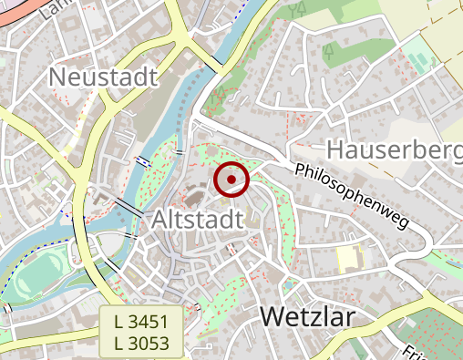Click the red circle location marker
(231, 180)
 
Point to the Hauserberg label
(393, 150)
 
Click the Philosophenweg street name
(352, 196)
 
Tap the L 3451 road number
(141, 322)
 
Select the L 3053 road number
(141, 342)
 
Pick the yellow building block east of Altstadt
(347, 259)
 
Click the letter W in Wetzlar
(273, 316)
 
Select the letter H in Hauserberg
(334, 150)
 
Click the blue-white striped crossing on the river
(143, 162)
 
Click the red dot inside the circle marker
(231, 180)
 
